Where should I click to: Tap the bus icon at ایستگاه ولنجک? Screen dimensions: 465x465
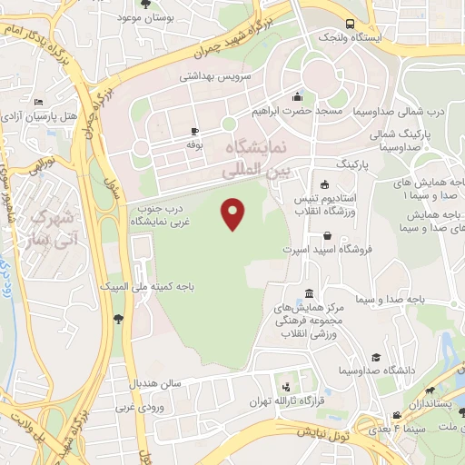coord(350,25)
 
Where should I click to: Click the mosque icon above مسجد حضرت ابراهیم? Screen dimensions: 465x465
coord(297,97)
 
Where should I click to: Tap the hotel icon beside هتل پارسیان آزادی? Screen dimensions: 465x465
coord(36,103)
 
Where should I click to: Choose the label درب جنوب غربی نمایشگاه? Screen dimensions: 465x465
coord(152,214)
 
